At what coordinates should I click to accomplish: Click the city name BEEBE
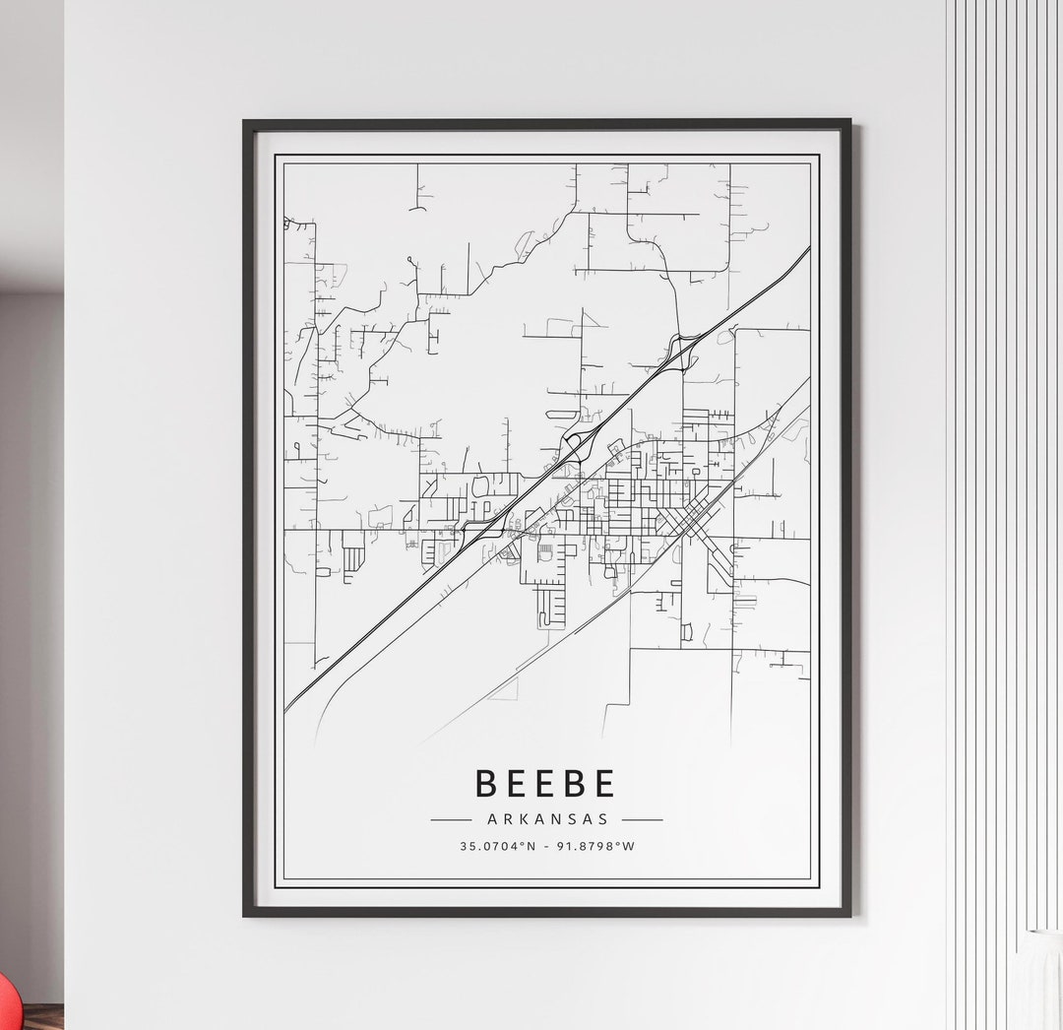point(545,783)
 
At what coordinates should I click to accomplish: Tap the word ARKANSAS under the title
point(546,818)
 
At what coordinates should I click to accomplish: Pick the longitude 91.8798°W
point(594,846)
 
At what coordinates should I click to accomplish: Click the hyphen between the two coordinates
point(547,846)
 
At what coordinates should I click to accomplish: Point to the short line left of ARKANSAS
point(451,819)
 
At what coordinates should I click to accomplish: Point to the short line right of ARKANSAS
point(642,819)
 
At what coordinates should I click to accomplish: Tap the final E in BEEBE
point(603,783)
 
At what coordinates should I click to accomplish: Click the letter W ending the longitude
point(629,846)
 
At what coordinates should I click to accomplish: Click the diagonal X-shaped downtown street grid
point(694,516)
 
